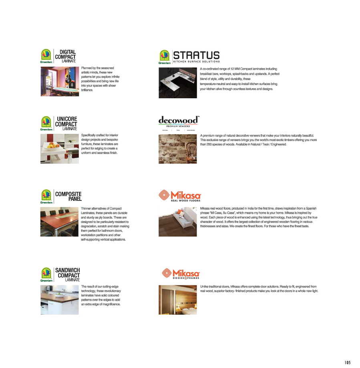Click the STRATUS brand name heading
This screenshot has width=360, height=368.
[196, 55]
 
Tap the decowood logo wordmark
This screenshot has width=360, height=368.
[178, 120]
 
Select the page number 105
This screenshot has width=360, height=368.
[347, 362]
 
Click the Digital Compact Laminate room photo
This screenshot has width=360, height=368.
[59, 81]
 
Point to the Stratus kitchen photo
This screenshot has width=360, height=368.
[178, 83]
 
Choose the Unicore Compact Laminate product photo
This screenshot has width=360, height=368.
[59, 148]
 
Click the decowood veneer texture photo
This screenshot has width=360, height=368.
[178, 149]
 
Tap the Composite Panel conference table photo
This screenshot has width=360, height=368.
[59, 221]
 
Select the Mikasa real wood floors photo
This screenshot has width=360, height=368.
[178, 221]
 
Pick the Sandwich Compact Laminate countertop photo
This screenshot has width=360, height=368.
[59, 299]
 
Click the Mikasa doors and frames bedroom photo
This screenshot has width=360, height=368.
[178, 299]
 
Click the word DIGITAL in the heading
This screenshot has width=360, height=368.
[68, 52]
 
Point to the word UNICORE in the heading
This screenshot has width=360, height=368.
[67, 119]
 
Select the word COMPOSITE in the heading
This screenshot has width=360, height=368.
[68, 194]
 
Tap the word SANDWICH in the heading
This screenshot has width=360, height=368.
[67, 270]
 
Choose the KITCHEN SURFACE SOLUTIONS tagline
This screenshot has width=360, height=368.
[196, 62]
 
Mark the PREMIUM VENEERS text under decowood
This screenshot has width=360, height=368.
[178, 126]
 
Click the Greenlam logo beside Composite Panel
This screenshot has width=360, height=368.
[46, 196]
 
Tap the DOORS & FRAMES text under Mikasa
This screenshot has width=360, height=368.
[186, 278]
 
